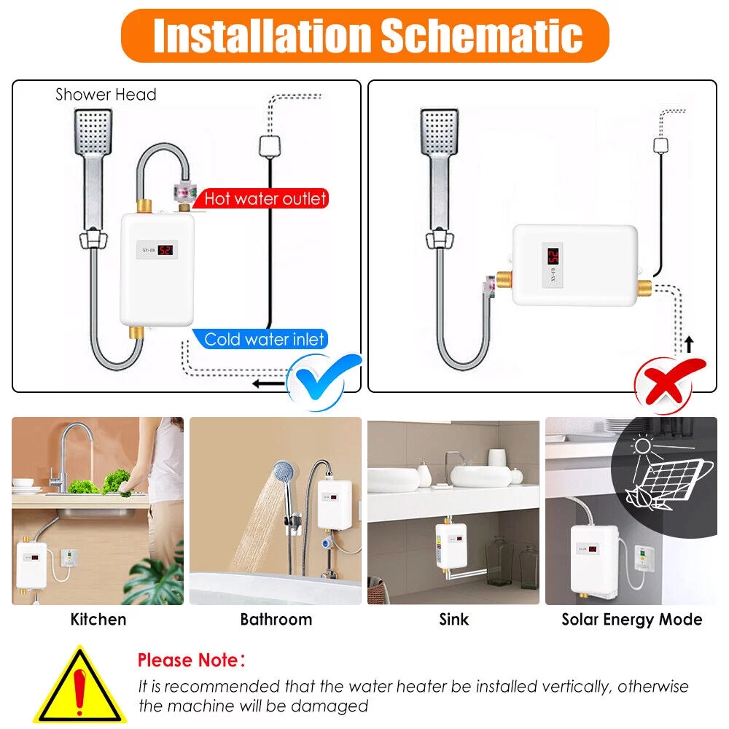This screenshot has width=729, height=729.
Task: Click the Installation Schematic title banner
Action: pyautogui.click(x=364, y=36)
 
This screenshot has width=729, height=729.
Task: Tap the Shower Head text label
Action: pyautogui.click(x=106, y=95)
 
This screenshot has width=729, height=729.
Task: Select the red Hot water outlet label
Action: pyautogui.click(x=265, y=198)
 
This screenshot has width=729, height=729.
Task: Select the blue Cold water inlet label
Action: pyautogui.click(x=264, y=339)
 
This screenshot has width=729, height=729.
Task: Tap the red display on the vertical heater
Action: pyautogui.click(x=165, y=250)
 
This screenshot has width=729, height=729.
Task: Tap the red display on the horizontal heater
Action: pyautogui.click(x=553, y=257)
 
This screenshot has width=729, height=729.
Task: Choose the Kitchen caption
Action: pyautogui.click(x=98, y=620)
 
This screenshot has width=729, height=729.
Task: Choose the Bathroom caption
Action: pyautogui.click(x=276, y=620)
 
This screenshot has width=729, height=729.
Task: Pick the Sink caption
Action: pyautogui.click(x=453, y=620)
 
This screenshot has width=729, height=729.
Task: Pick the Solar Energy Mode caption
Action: pyautogui.click(x=631, y=620)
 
